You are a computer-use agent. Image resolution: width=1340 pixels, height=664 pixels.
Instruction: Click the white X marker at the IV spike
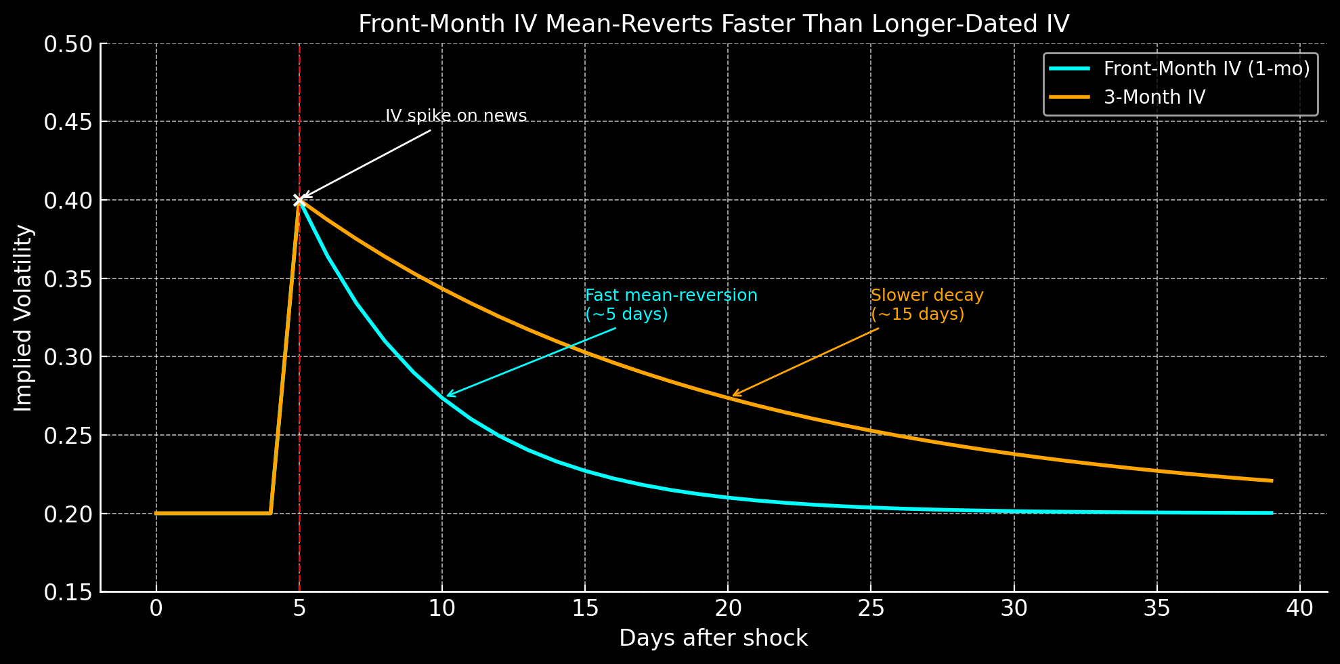[x=299, y=200]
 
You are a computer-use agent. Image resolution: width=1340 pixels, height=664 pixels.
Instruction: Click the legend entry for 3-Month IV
[x=1154, y=97]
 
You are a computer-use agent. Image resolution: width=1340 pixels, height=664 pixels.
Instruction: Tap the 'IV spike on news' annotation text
[x=456, y=116]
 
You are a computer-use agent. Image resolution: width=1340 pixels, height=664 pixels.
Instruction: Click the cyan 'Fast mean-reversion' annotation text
[x=670, y=304]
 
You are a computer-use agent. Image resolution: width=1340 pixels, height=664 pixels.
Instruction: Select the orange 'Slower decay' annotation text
[x=926, y=304]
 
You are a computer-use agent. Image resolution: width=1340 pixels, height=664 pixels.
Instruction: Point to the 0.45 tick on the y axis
[x=72, y=122]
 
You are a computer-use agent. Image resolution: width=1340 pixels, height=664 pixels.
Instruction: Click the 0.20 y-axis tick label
[x=72, y=514]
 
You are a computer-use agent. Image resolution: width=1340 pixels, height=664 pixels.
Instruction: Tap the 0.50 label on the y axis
[x=72, y=44]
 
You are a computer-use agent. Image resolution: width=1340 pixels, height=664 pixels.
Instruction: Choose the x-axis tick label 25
[x=871, y=608]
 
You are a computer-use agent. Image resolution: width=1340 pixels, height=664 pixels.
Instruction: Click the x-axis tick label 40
[x=1299, y=608]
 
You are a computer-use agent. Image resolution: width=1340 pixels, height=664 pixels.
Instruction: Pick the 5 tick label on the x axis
[x=299, y=608]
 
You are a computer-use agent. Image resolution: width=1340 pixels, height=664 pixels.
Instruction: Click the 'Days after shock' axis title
[x=713, y=638]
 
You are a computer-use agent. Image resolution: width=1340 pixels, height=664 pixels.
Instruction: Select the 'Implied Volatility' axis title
[x=24, y=318]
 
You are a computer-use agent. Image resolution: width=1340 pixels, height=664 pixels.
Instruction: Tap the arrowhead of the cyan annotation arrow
[x=448, y=396]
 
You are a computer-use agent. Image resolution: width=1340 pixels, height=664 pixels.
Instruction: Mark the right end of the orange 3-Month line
[x=1272, y=481]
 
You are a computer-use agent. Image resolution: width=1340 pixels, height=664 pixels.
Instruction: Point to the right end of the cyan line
[x=1272, y=513]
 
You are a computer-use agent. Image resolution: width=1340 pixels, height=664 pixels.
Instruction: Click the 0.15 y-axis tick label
[x=72, y=592]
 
